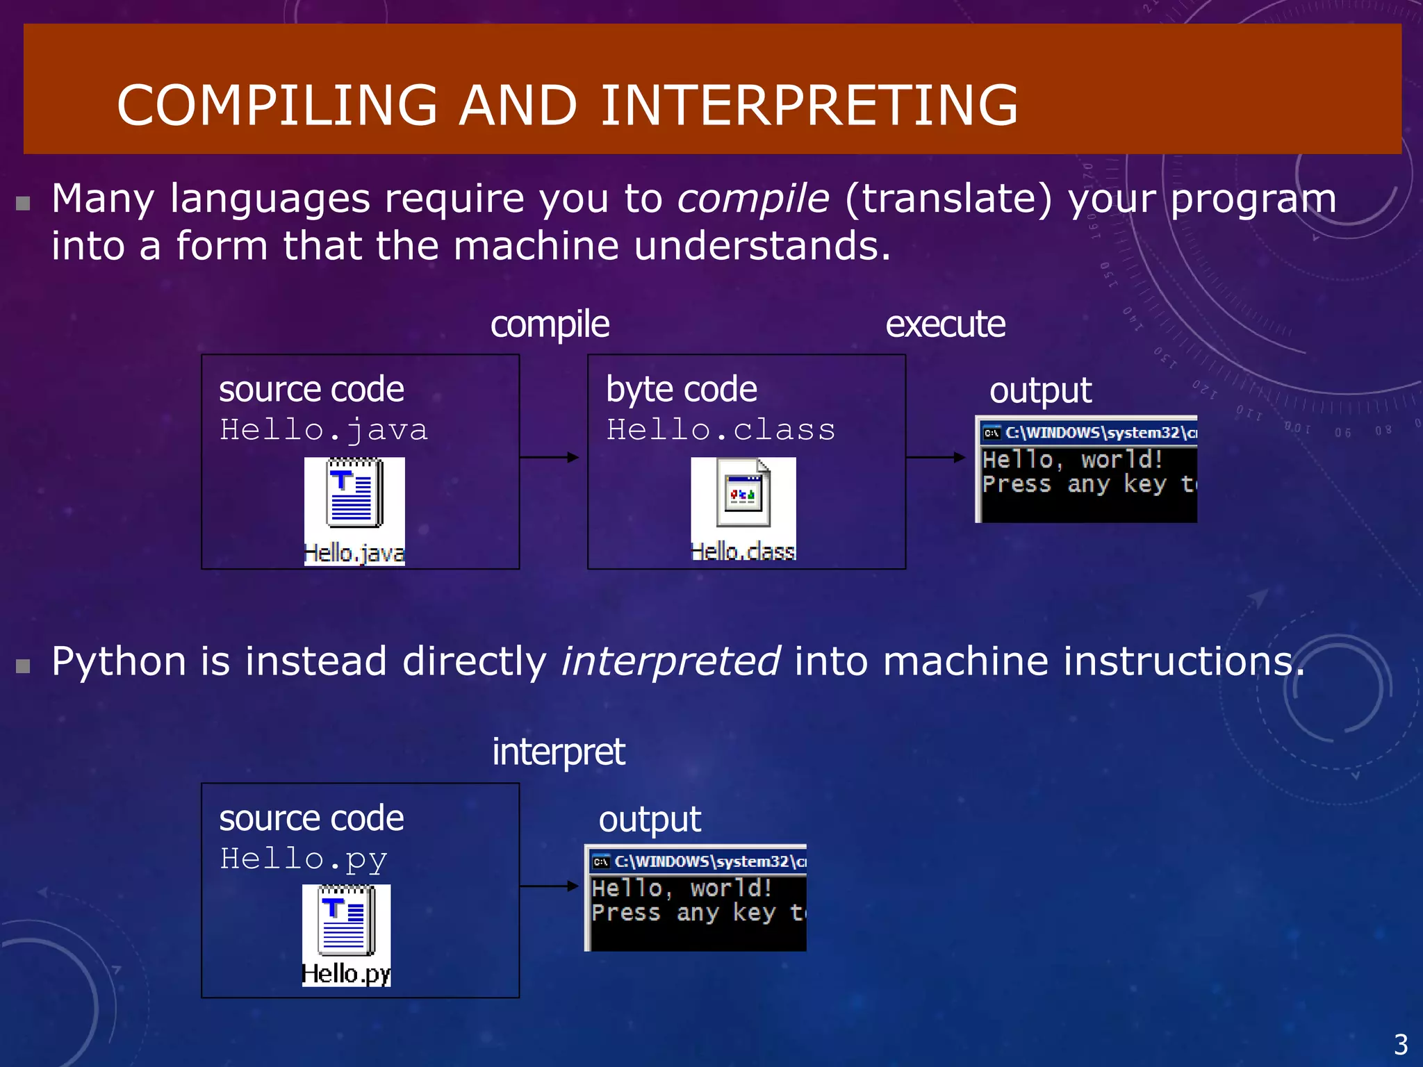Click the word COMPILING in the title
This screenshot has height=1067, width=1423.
pyautogui.click(x=277, y=105)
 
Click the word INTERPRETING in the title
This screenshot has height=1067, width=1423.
pyautogui.click(x=809, y=105)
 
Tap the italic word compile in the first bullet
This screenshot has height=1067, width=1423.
pyautogui.click(x=753, y=199)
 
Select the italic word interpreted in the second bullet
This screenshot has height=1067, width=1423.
pyautogui.click(x=671, y=661)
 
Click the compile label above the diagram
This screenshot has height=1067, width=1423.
pyautogui.click(x=550, y=324)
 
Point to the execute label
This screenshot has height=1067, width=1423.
pyautogui.click(x=945, y=324)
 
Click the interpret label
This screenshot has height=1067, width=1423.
pyautogui.click(x=559, y=752)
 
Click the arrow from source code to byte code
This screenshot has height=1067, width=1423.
pyautogui.click(x=549, y=457)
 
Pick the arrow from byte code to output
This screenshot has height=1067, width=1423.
pyautogui.click(x=935, y=457)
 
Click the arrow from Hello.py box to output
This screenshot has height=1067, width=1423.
pyautogui.click(x=549, y=886)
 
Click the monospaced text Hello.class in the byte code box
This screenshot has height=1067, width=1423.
pyautogui.click(x=721, y=430)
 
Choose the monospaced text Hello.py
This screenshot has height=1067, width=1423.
pyautogui.click(x=303, y=859)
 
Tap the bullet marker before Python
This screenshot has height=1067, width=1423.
pyautogui.click(x=24, y=667)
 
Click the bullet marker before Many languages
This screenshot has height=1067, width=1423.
pyautogui.click(x=24, y=204)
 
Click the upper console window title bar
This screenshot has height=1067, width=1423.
pyautogui.click(x=1087, y=433)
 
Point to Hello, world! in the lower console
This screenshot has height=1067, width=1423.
pyautogui.click(x=682, y=888)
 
